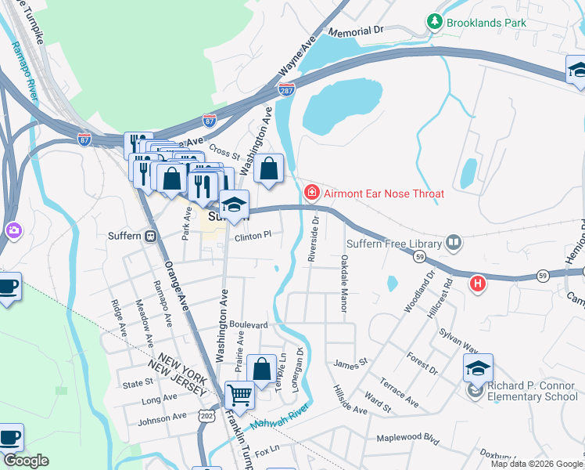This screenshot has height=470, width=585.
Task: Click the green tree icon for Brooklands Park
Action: pyautogui.click(x=436, y=23)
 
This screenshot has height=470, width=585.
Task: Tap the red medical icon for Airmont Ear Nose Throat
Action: pyautogui.click(x=311, y=193)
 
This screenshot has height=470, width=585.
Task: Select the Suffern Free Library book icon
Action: pyautogui.click(x=454, y=243)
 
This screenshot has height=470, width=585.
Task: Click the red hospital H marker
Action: pyautogui.click(x=476, y=284)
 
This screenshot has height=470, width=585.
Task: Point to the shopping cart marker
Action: pyautogui.click(x=239, y=395)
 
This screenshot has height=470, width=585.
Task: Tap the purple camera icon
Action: pyautogui.click(x=13, y=230)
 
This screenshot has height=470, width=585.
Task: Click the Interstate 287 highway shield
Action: pyautogui.click(x=287, y=90)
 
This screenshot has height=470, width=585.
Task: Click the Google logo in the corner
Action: pyautogui.click(x=25, y=461)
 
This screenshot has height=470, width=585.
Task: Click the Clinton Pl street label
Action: pyautogui.click(x=253, y=234)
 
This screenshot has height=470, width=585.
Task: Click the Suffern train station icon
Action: pyautogui.click(x=149, y=236)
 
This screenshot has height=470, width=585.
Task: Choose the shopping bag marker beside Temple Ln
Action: pyautogui.click(x=260, y=369)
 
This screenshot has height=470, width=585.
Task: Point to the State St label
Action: pyautogui.click(x=138, y=383)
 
